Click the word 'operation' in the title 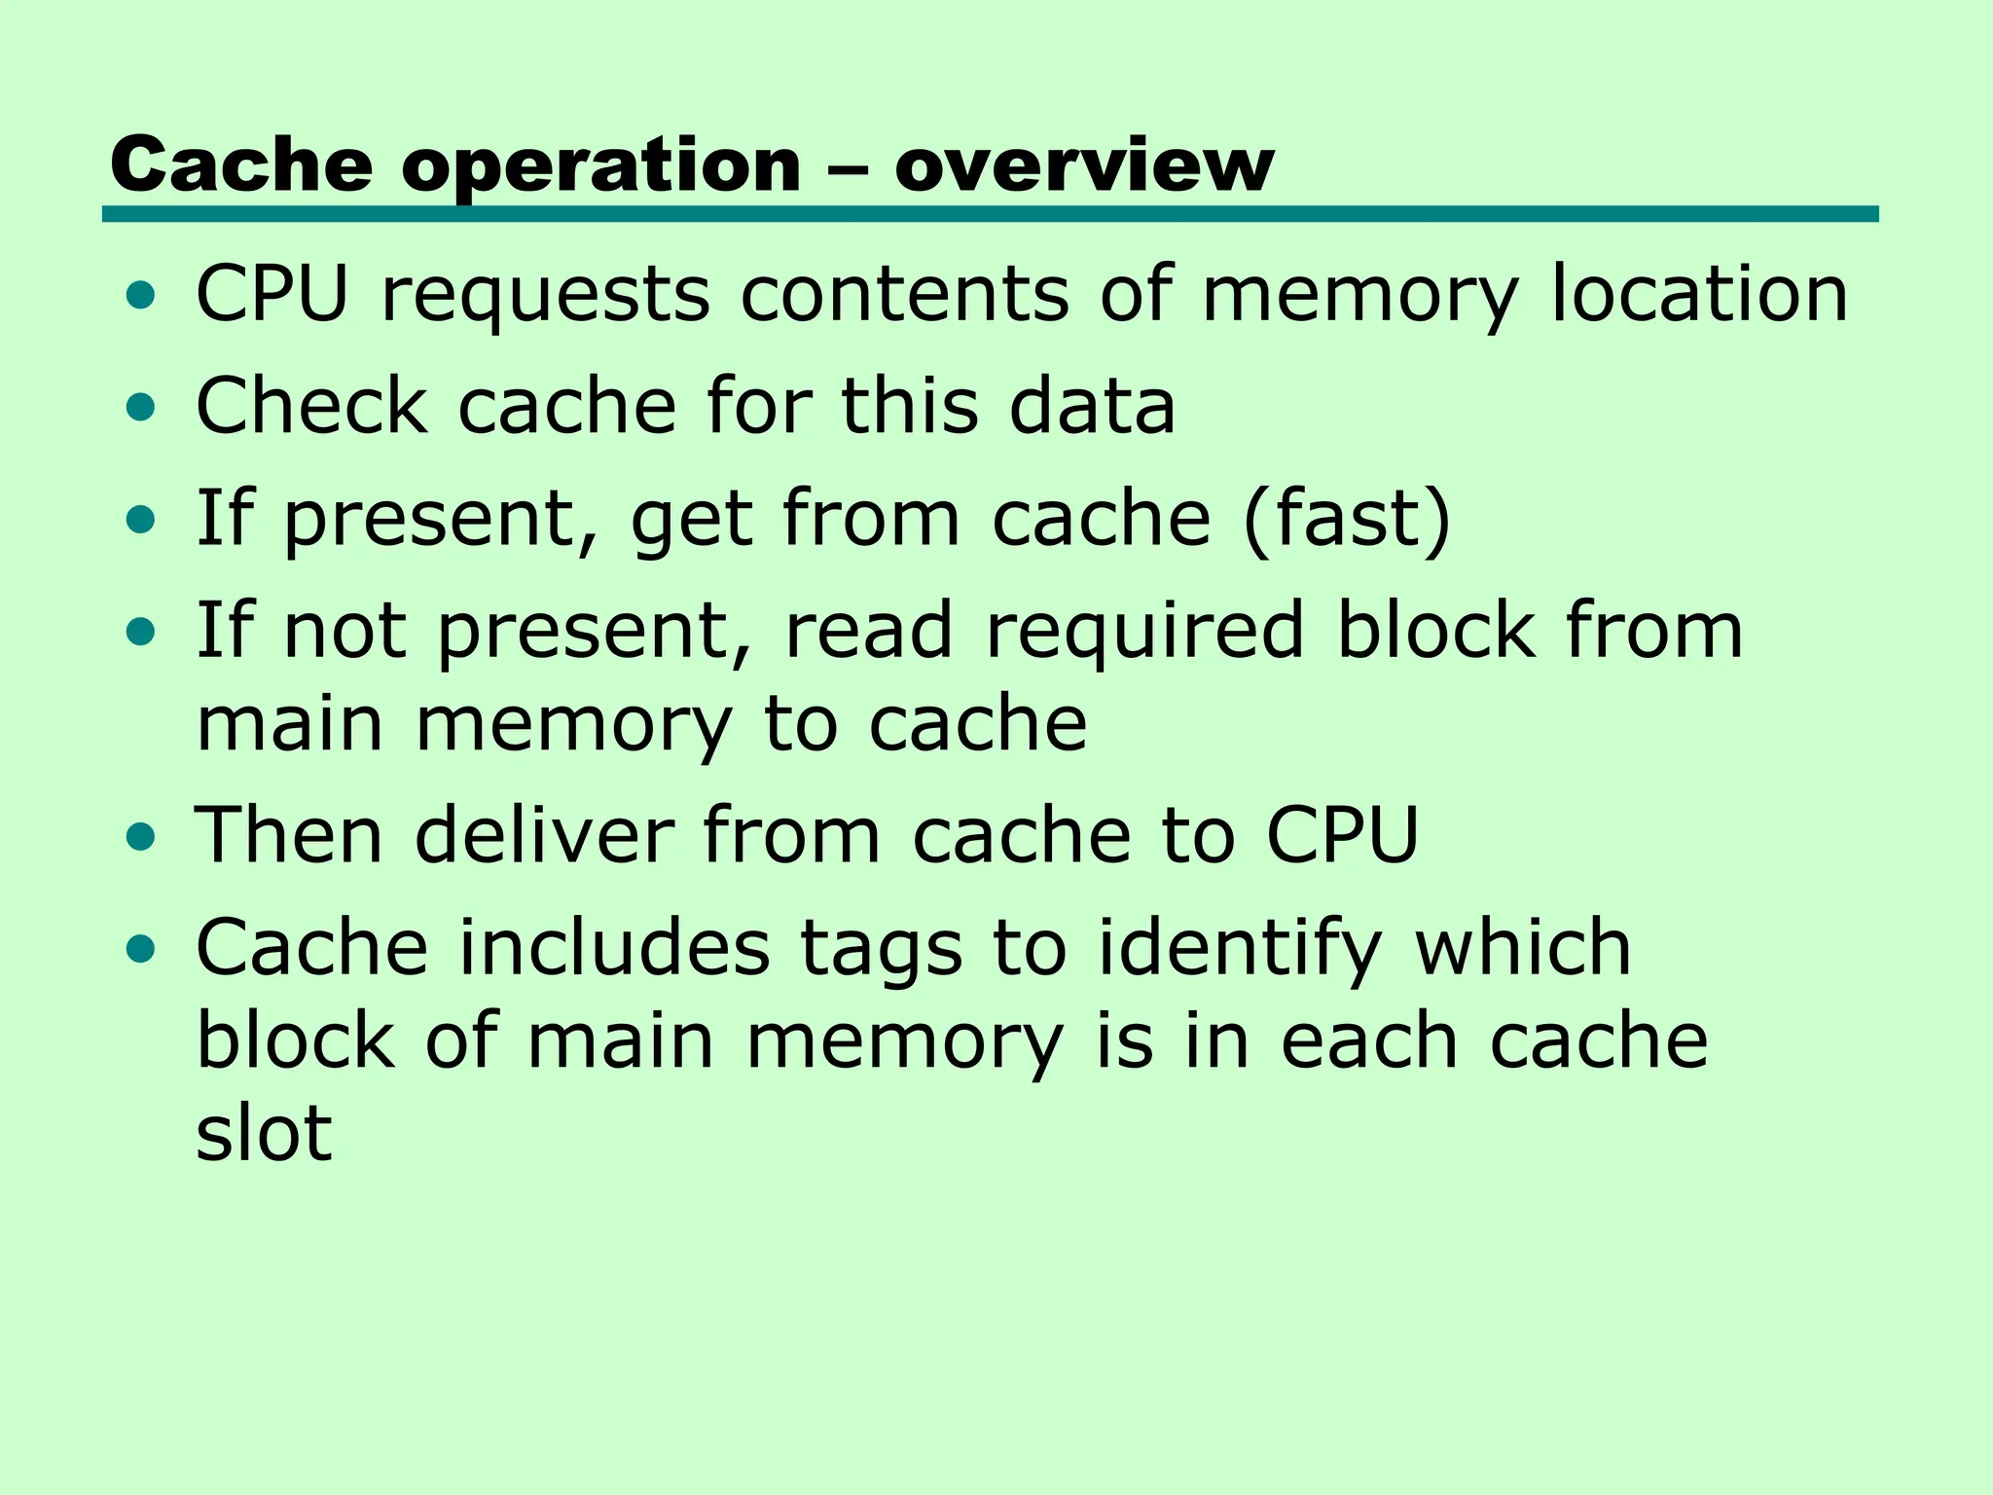click(600, 165)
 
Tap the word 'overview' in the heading click(1083, 165)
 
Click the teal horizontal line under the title click(990, 214)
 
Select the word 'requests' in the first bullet click(545, 294)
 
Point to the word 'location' click(1698, 294)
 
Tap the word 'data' click(1092, 406)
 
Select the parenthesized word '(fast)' click(1347, 519)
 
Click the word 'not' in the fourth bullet click(344, 631)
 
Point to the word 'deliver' click(544, 835)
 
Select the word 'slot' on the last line click(264, 1133)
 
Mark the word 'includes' click(614, 947)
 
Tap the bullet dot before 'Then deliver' click(141, 836)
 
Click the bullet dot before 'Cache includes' click(141, 948)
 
